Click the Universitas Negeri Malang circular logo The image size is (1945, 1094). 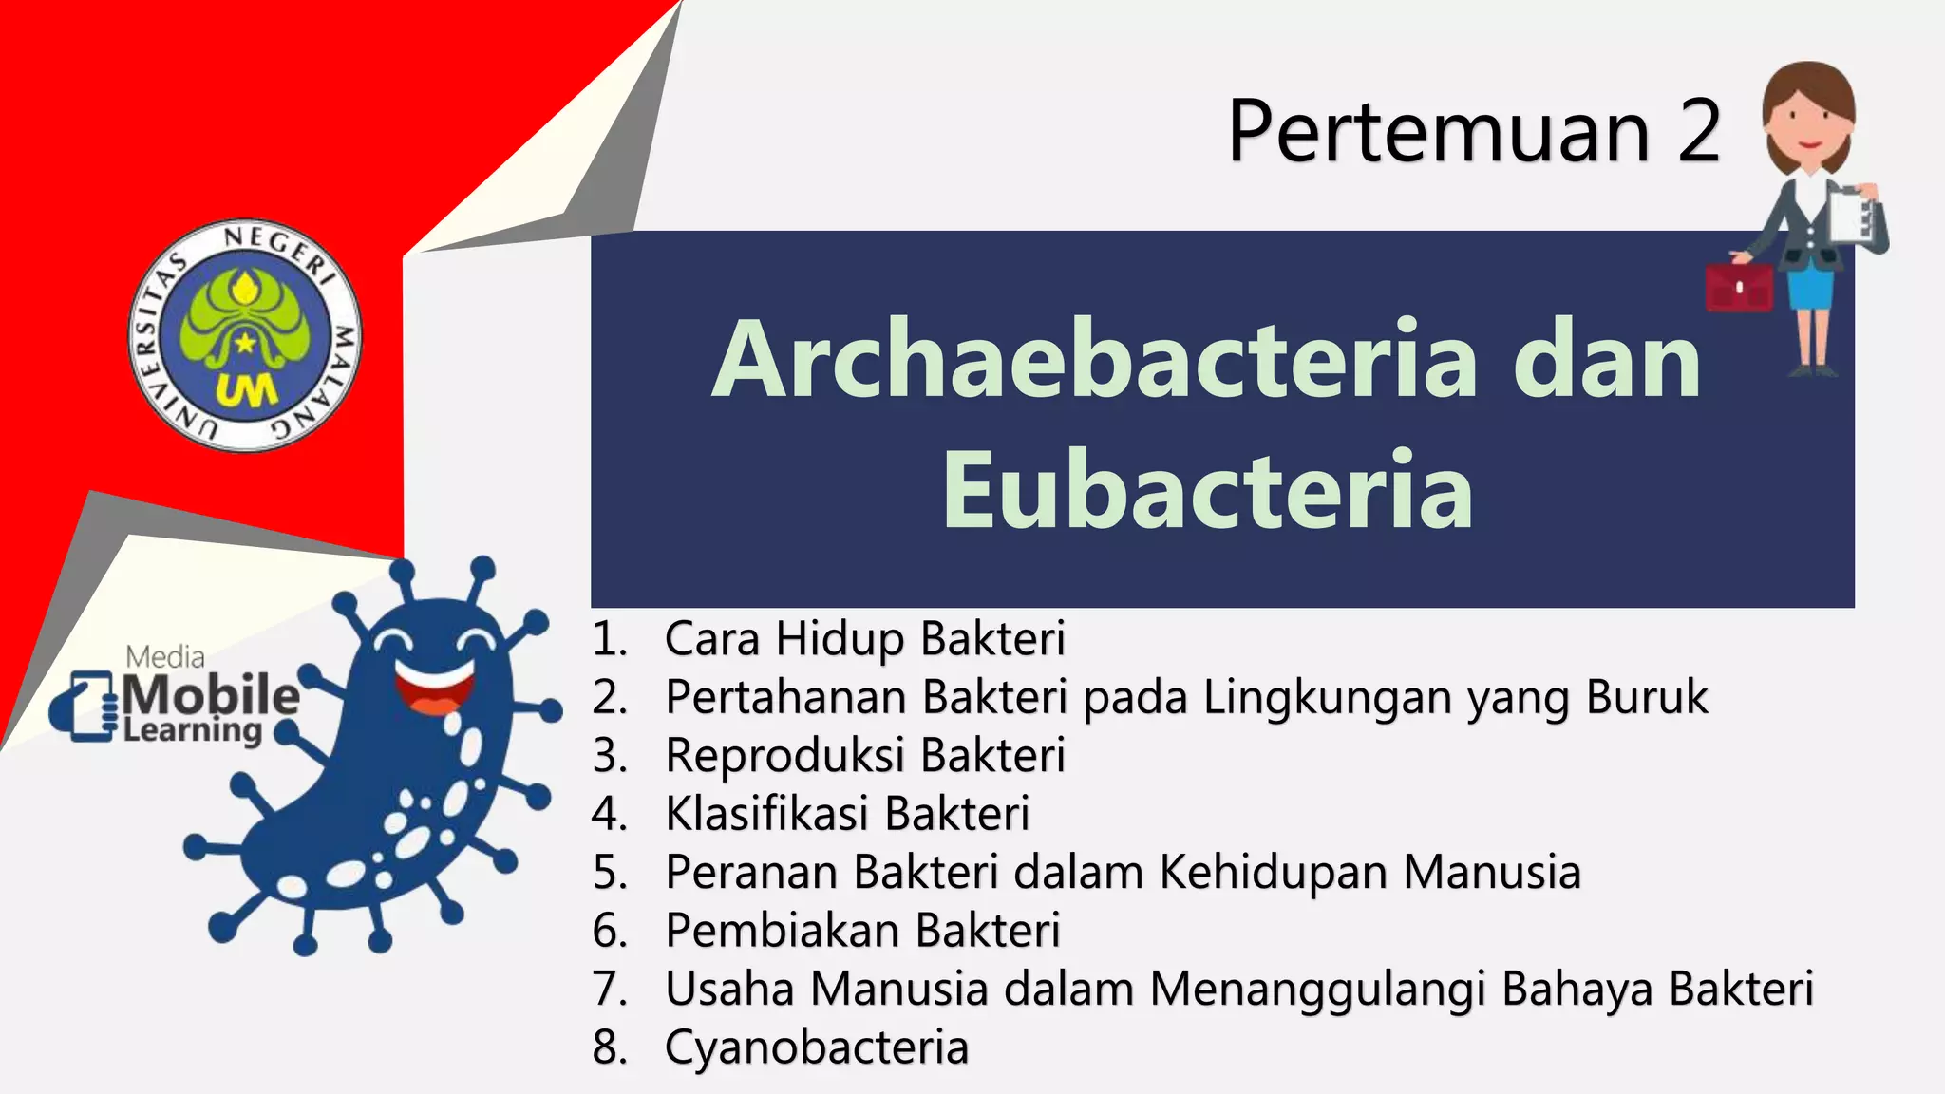(245, 336)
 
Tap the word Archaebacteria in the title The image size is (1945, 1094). (1095, 361)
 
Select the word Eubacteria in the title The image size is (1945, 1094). (1207, 492)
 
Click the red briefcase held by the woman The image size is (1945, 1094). (1739, 287)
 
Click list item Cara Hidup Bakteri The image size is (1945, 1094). (864, 638)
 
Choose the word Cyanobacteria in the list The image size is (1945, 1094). (817, 1047)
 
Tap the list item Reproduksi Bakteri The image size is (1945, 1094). (864, 756)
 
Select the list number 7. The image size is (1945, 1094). (609, 990)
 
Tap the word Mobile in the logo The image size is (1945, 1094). (211, 695)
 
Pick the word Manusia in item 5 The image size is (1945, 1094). (1492, 872)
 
